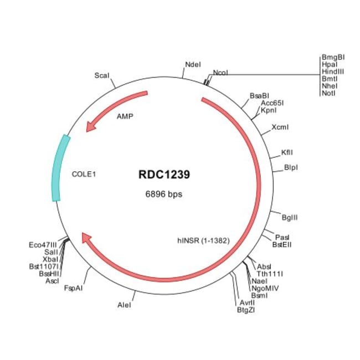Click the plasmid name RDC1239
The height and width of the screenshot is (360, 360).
coord(164,175)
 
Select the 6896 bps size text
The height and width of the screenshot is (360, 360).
coord(163,194)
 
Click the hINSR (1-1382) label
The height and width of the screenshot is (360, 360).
coord(203,240)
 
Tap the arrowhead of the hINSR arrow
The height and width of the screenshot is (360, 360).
coord(86,238)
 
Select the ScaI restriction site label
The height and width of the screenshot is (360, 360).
coord(101,74)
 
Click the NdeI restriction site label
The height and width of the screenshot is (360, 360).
coord(193,65)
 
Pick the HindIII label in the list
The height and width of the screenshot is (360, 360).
coord(332,71)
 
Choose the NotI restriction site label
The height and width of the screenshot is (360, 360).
coord(328,93)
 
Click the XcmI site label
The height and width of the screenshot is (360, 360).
coord(280,127)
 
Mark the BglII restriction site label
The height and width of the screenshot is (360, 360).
coord(290,217)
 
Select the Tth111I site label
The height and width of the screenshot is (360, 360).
coord(270,274)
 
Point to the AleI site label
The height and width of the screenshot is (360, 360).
coord(125,305)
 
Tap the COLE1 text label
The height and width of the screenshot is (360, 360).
coord(85,173)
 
